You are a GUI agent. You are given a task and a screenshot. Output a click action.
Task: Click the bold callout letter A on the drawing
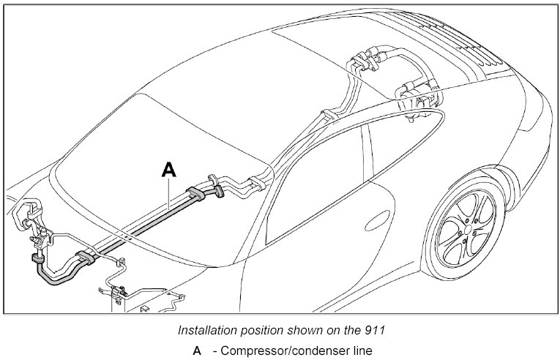[x=168, y=169]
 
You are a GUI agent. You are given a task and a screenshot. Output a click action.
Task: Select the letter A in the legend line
[x=196, y=350]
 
